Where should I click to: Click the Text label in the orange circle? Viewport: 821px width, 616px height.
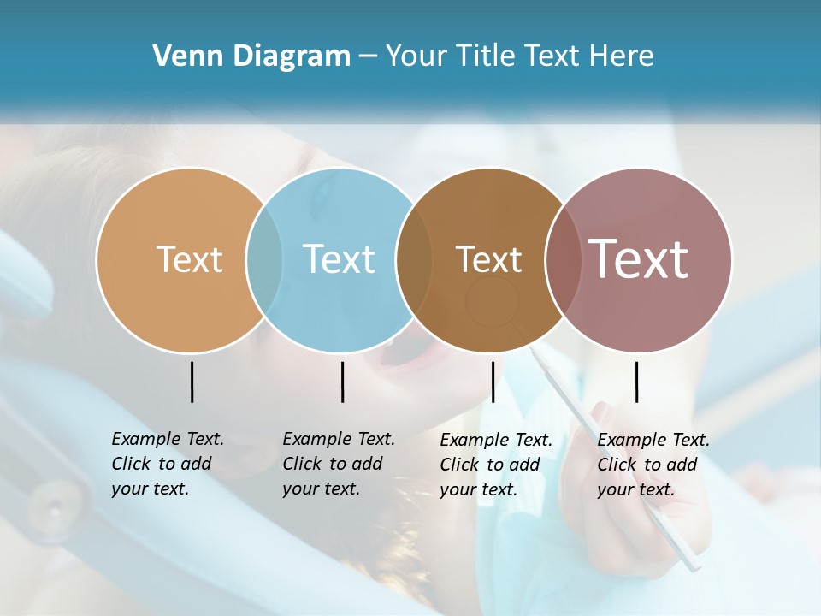click(x=189, y=259)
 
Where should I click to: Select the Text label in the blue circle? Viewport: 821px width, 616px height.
click(x=340, y=259)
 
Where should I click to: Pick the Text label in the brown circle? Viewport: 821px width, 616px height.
click(x=488, y=259)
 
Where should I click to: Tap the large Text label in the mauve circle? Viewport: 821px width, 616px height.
click(x=639, y=258)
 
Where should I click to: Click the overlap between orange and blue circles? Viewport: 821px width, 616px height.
click(x=264, y=259)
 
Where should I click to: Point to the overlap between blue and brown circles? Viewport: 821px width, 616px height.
click(x=414, y=259)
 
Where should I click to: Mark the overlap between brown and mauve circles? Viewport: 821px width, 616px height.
click(x=564, y=259)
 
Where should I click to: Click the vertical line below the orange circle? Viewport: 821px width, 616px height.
click(x=192, y=382)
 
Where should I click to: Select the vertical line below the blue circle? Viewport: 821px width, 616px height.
click(x=342, y=382)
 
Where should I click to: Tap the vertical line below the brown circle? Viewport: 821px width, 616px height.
click(x=493, y=382)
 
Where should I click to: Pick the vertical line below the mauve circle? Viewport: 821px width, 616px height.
click(x=636, y=382)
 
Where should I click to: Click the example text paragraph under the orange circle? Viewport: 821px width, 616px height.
click(x=167, y=464)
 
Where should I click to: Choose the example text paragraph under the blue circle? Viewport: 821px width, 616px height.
click(x=338, y=464)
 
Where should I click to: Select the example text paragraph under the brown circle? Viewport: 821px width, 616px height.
click(x=495, y=465)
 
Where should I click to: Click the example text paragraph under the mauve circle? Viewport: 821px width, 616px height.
click(x=653, y=465)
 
